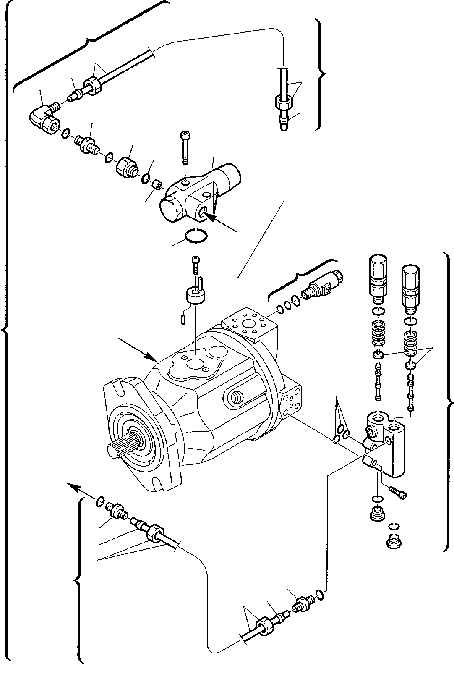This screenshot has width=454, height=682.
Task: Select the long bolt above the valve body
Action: [x=185, y=147]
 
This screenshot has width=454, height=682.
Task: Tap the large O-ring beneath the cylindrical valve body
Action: [x=196, y=236]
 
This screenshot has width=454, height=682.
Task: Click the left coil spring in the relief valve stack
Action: [x=378, y=334]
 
